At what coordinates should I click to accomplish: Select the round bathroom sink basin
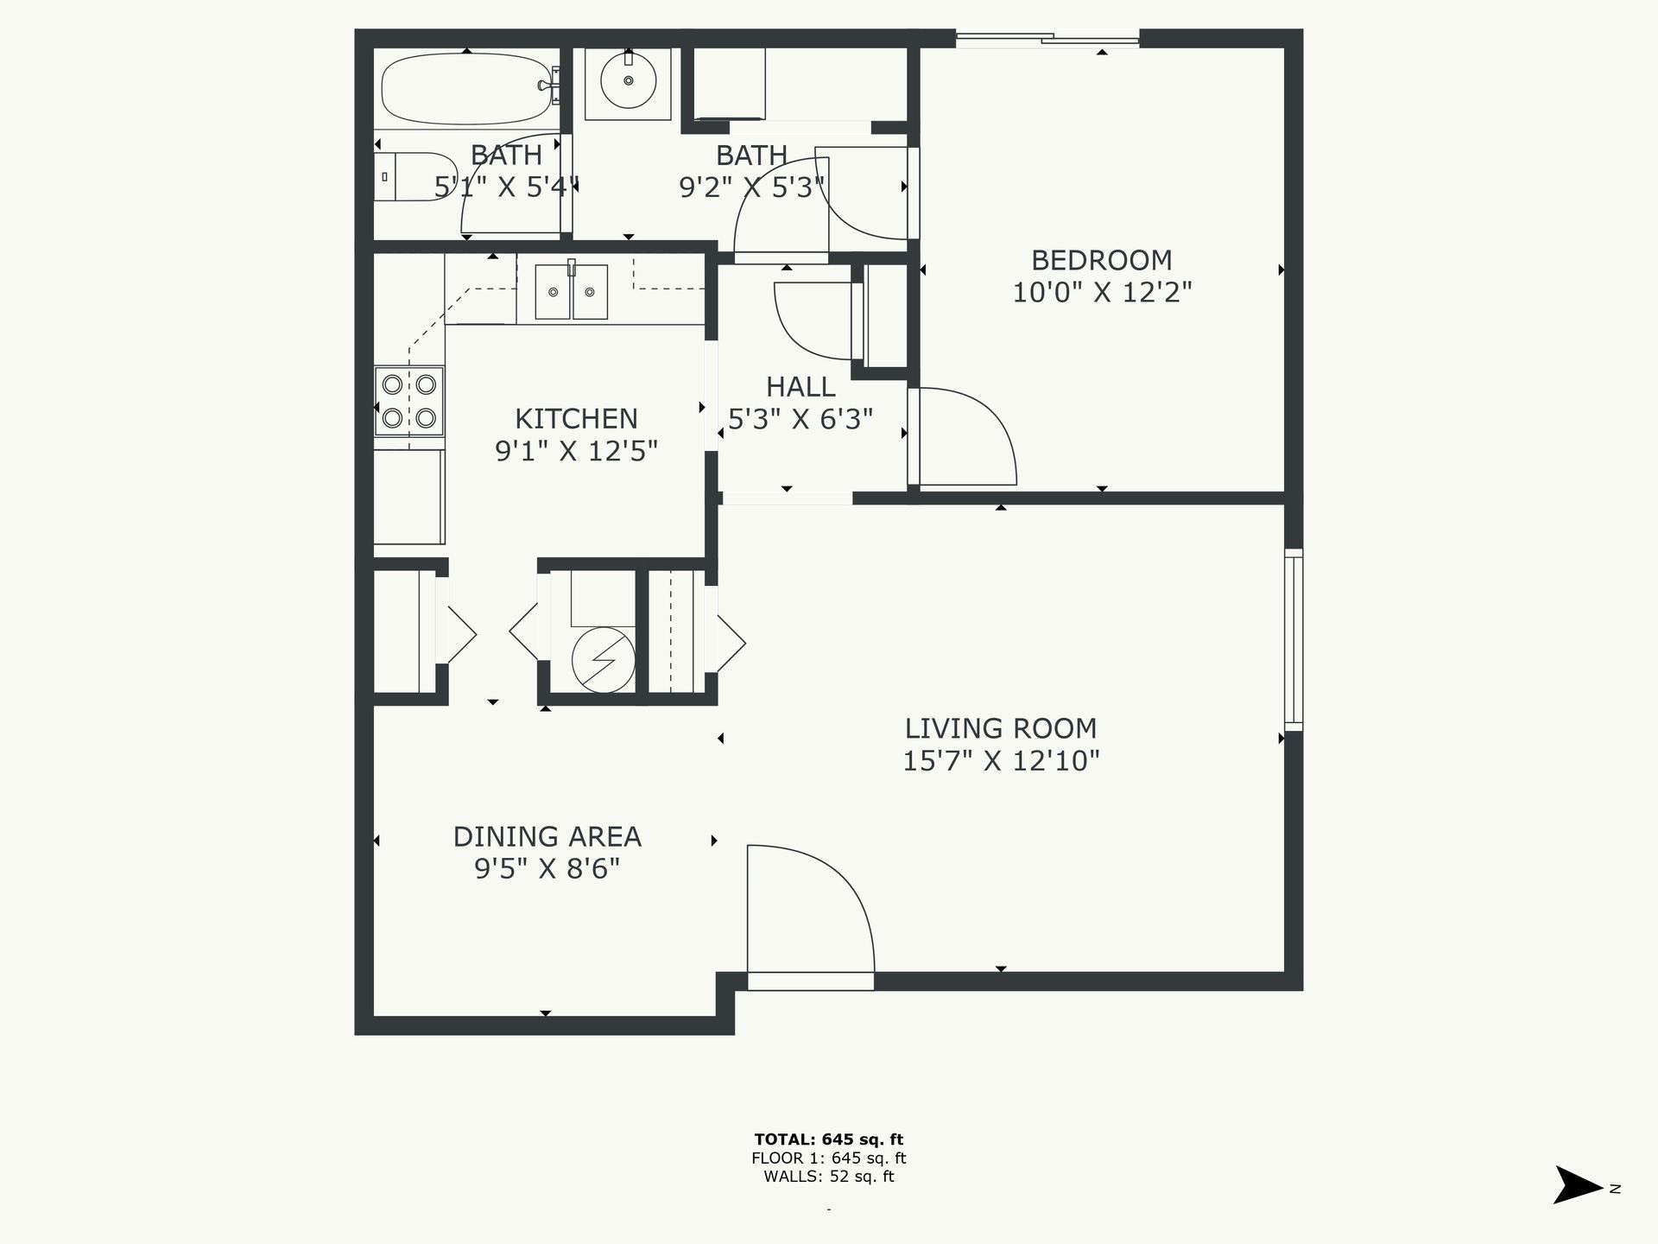click(x=628, y=81)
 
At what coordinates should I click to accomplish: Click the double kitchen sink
click(x=571, y=292)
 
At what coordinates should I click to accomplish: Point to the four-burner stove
click(x=408, y=401)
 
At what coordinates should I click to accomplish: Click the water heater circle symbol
click(x=603, y=660)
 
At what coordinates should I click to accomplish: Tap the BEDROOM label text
click(x=1101, y=260)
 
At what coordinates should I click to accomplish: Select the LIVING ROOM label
click(x=1000, y=728)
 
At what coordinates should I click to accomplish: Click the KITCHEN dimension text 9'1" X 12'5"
click(x=576, y=451)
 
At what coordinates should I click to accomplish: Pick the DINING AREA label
click(x=547, y=836)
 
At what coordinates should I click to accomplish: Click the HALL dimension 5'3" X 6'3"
click(x=800, y=419)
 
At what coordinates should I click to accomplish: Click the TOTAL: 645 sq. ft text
click(x=828, y=1139)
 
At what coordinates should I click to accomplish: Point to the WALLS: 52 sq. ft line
click(x=828, y=1177)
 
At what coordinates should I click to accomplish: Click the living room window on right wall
click(x=1293, y=639)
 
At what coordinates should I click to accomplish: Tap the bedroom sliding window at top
click(x=1047, y=38)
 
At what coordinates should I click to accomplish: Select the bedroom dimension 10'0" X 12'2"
click(x=1101, y=293)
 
